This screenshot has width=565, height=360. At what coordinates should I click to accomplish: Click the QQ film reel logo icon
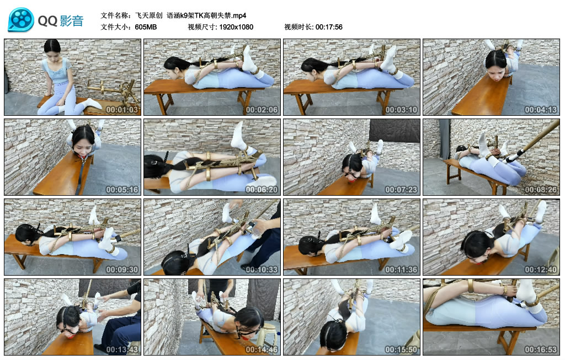(21, 20)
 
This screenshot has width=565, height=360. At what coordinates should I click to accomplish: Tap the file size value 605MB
(146, 27)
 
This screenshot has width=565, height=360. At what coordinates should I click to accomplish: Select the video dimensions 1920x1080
(236, 27)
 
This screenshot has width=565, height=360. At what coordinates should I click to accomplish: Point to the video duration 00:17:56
(329, 27)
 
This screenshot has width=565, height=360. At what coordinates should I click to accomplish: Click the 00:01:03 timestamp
(122, 110)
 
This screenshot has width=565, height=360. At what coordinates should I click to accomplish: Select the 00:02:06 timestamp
(262, 110)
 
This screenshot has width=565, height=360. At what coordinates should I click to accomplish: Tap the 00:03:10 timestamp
(402, 110)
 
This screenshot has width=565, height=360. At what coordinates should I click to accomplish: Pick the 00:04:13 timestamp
(541, 110)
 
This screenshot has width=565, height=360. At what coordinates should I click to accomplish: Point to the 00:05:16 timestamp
(122, 190)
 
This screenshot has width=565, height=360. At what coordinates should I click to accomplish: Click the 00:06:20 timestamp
(262, 190)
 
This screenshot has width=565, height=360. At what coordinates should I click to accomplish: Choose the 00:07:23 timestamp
(402, 190)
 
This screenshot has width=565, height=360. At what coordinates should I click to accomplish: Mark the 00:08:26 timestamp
(541, 190)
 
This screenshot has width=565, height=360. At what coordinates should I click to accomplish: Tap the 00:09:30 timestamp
(122, 270)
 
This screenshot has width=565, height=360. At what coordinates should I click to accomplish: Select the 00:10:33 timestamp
(262, 270)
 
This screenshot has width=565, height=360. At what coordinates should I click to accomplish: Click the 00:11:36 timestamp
(402, 270)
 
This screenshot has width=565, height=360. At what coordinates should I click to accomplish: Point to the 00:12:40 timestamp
(541, 270)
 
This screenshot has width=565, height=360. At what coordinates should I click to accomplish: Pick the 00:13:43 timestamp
(122, 350)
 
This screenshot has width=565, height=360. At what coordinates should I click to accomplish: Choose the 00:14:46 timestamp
(262, 350)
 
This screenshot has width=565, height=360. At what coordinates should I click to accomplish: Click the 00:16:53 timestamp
(541, 350)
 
